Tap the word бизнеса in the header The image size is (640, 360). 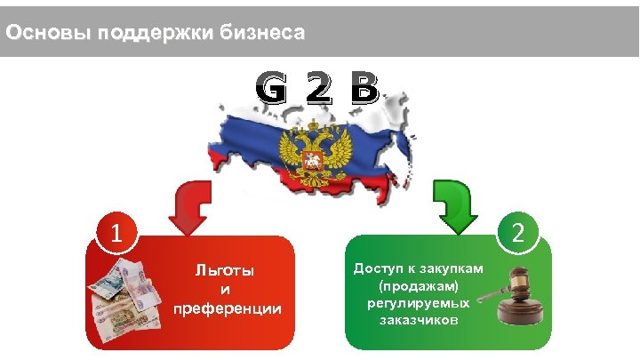(263, 35)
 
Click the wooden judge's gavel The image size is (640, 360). (519, 294)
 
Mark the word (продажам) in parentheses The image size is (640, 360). (417, 287)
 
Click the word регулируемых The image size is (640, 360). (418, 304)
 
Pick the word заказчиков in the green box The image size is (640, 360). (418, 321)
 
